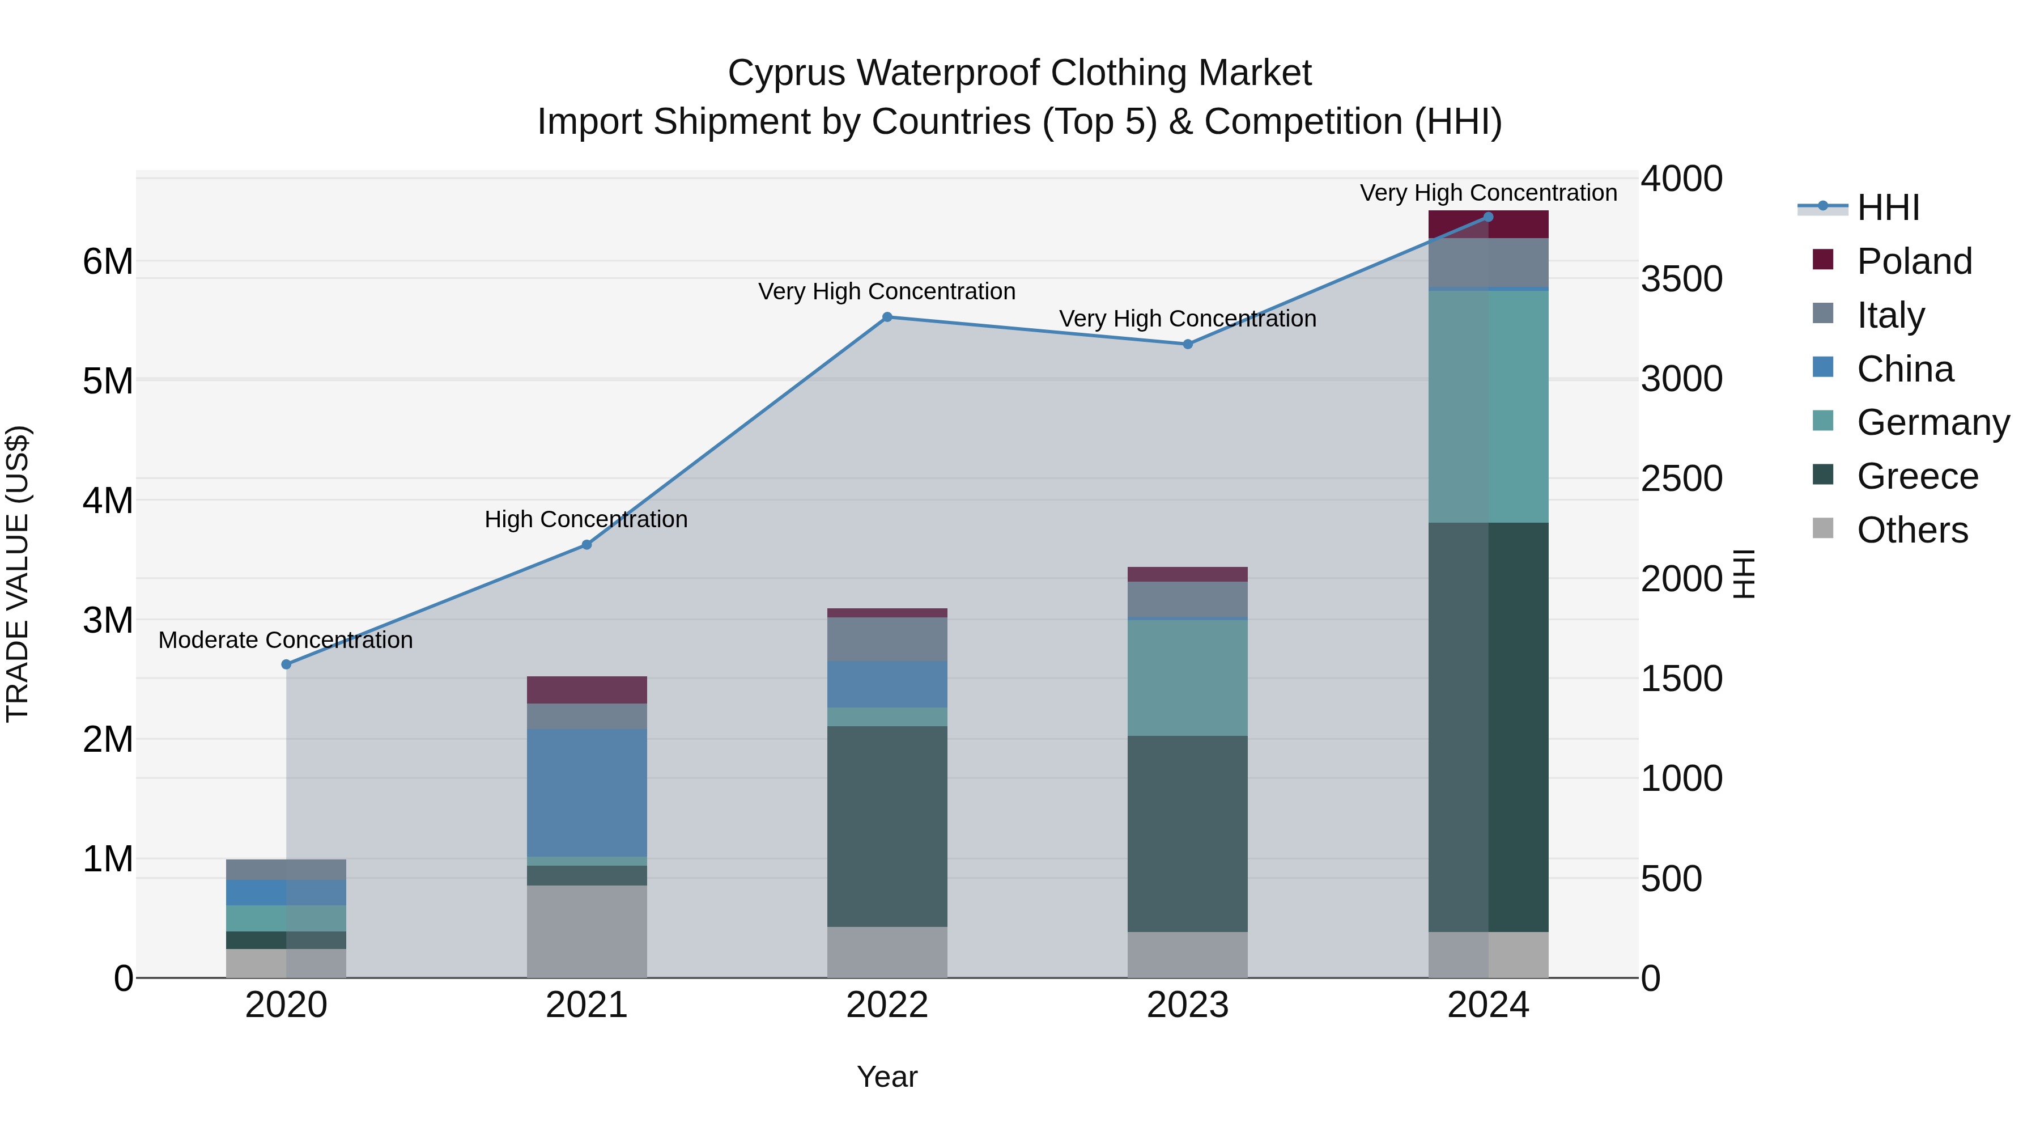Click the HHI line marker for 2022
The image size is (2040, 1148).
point(887,317)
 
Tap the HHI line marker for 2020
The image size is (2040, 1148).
point(287,664)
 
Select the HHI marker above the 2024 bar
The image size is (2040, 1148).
point(1488,217)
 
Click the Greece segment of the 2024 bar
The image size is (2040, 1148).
point(1488,727)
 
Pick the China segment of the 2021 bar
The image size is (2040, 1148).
point(587,793)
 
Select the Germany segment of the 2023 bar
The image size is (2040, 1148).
point(1187,677)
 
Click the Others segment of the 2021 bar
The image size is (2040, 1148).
point(587,931)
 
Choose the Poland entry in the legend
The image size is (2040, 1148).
point(1914,261)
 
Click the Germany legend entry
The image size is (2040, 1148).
point(1932,422)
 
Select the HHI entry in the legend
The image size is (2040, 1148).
point(1888,207)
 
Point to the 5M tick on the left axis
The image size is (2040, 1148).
point(108,381)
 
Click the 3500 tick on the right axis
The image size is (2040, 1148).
point(1681,279)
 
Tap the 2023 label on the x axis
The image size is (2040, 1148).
point(1187,1005)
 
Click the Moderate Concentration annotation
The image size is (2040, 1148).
point(286,639)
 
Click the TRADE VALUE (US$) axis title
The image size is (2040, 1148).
point(18,574)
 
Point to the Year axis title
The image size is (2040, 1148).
point(887,1077)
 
